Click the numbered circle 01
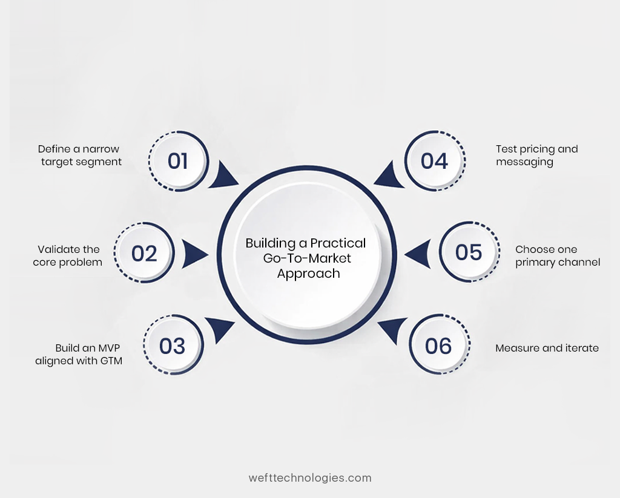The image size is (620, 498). point(178,161)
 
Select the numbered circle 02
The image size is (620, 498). point(144,252)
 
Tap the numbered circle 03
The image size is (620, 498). point(173,346)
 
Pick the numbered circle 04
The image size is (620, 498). point(434,161)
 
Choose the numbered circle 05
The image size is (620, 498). point(469,252)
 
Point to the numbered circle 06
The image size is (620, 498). point(439,346)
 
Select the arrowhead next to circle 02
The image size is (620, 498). point(194,253)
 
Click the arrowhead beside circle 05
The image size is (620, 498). point(418,253)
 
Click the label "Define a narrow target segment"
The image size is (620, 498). point(79,155)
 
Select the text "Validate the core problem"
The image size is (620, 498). point(68,255)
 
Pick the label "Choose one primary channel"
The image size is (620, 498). point(557,255)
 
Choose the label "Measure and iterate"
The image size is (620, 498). point(547,348)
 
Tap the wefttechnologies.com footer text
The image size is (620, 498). point(310,477)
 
